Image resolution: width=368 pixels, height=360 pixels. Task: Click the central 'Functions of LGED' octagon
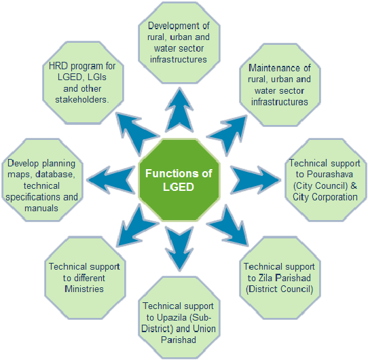pos(179,180)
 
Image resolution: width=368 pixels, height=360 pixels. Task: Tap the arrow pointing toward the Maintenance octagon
pos(228,133)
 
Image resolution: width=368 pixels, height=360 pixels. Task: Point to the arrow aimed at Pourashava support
pos(255,180)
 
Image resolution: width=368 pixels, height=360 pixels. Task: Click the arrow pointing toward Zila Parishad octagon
pos(228,226)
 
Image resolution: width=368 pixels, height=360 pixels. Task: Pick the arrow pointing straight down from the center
pos(179,248)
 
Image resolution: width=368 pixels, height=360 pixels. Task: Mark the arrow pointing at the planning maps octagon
pos(111,180)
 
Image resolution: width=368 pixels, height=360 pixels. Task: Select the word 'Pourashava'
pos(330,175)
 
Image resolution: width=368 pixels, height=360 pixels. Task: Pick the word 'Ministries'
pos(84,289)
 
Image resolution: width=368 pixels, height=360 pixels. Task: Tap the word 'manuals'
pos(41,209)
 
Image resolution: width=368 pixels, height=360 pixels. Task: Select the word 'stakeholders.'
pos(82,100)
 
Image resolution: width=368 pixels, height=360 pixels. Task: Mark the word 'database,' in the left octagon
pos(56,175)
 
